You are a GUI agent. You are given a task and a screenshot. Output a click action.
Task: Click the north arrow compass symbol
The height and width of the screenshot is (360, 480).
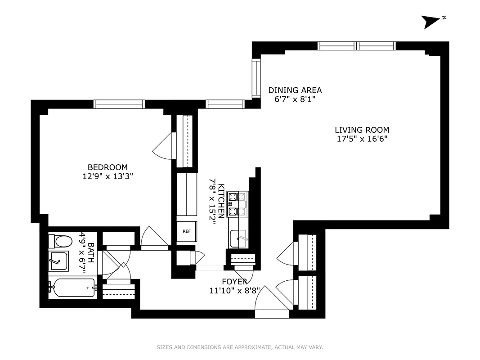431,21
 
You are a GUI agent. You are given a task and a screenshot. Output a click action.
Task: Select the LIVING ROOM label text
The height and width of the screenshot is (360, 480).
362,130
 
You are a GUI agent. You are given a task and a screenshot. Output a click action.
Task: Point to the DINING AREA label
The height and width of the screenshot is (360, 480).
295,90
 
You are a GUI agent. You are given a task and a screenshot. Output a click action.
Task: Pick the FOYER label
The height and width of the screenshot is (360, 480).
234,282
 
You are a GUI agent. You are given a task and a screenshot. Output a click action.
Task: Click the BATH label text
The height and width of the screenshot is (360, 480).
91,254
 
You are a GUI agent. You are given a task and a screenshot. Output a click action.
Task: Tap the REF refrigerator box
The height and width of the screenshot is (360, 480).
186,232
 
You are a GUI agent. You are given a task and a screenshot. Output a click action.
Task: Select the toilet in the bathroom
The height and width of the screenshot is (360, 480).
61,242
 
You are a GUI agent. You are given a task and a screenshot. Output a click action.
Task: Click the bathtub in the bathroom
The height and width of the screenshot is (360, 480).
73,288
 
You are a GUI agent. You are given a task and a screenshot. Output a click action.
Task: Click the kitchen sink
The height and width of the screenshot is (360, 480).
238,238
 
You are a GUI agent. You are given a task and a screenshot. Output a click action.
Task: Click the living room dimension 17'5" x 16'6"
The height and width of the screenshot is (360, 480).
362,139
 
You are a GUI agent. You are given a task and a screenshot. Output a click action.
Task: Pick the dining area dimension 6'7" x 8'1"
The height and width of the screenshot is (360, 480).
295,99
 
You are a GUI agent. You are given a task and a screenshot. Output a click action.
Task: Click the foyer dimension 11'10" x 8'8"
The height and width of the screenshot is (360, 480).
234,290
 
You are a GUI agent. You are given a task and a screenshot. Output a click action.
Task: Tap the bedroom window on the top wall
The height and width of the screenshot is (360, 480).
119,104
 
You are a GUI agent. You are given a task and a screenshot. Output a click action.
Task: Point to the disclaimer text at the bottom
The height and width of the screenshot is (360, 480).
240,347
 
